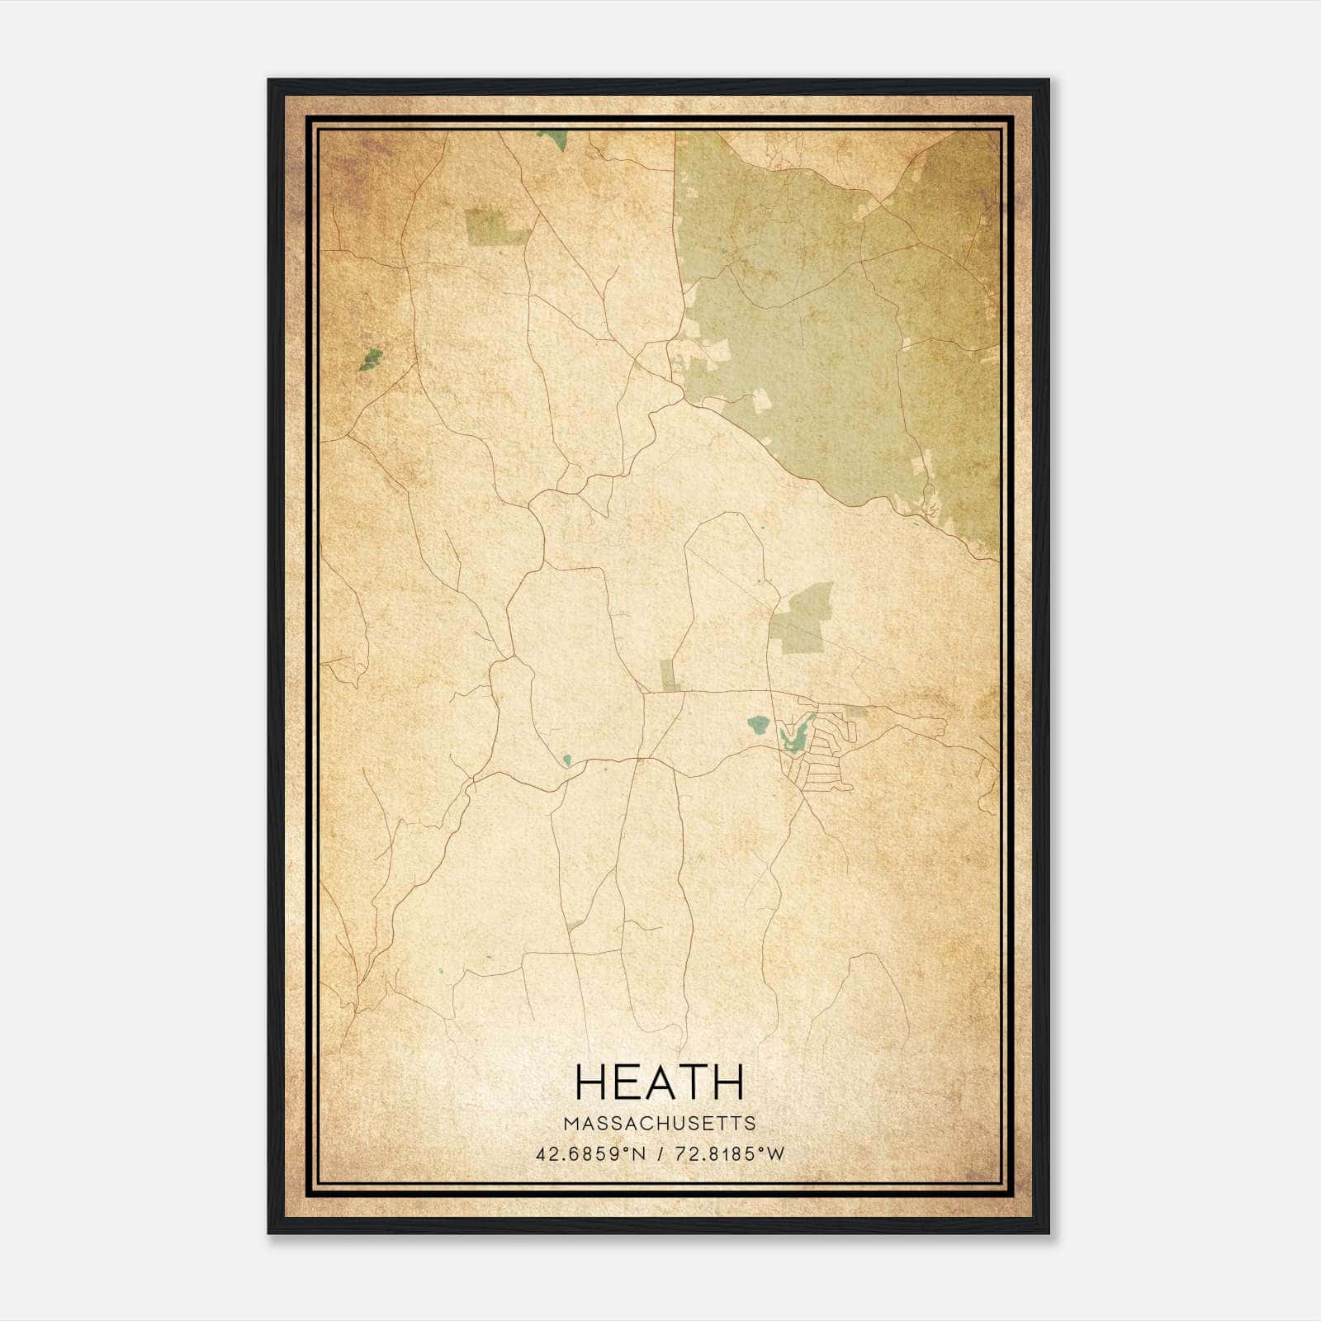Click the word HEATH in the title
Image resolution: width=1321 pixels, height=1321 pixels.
(x=660, y=1082)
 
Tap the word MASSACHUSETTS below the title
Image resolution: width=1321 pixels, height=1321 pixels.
(x=660, y=1124)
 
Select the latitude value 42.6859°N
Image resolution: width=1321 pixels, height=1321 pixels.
(x=590, y=1154)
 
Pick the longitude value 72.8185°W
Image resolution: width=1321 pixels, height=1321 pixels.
(x=729, y=1154)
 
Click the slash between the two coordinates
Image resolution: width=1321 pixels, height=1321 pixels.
(x=660, y=1154)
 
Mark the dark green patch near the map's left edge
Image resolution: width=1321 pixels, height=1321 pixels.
(x=372, y=359)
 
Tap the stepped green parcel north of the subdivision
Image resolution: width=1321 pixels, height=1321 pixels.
(x=801, y=619)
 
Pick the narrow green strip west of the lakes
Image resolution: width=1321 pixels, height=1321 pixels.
(x=669, y=675)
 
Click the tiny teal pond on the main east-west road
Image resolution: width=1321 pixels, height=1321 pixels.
(x=567, y=759)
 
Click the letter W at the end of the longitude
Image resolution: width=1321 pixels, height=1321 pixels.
(x=775, y=1154)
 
